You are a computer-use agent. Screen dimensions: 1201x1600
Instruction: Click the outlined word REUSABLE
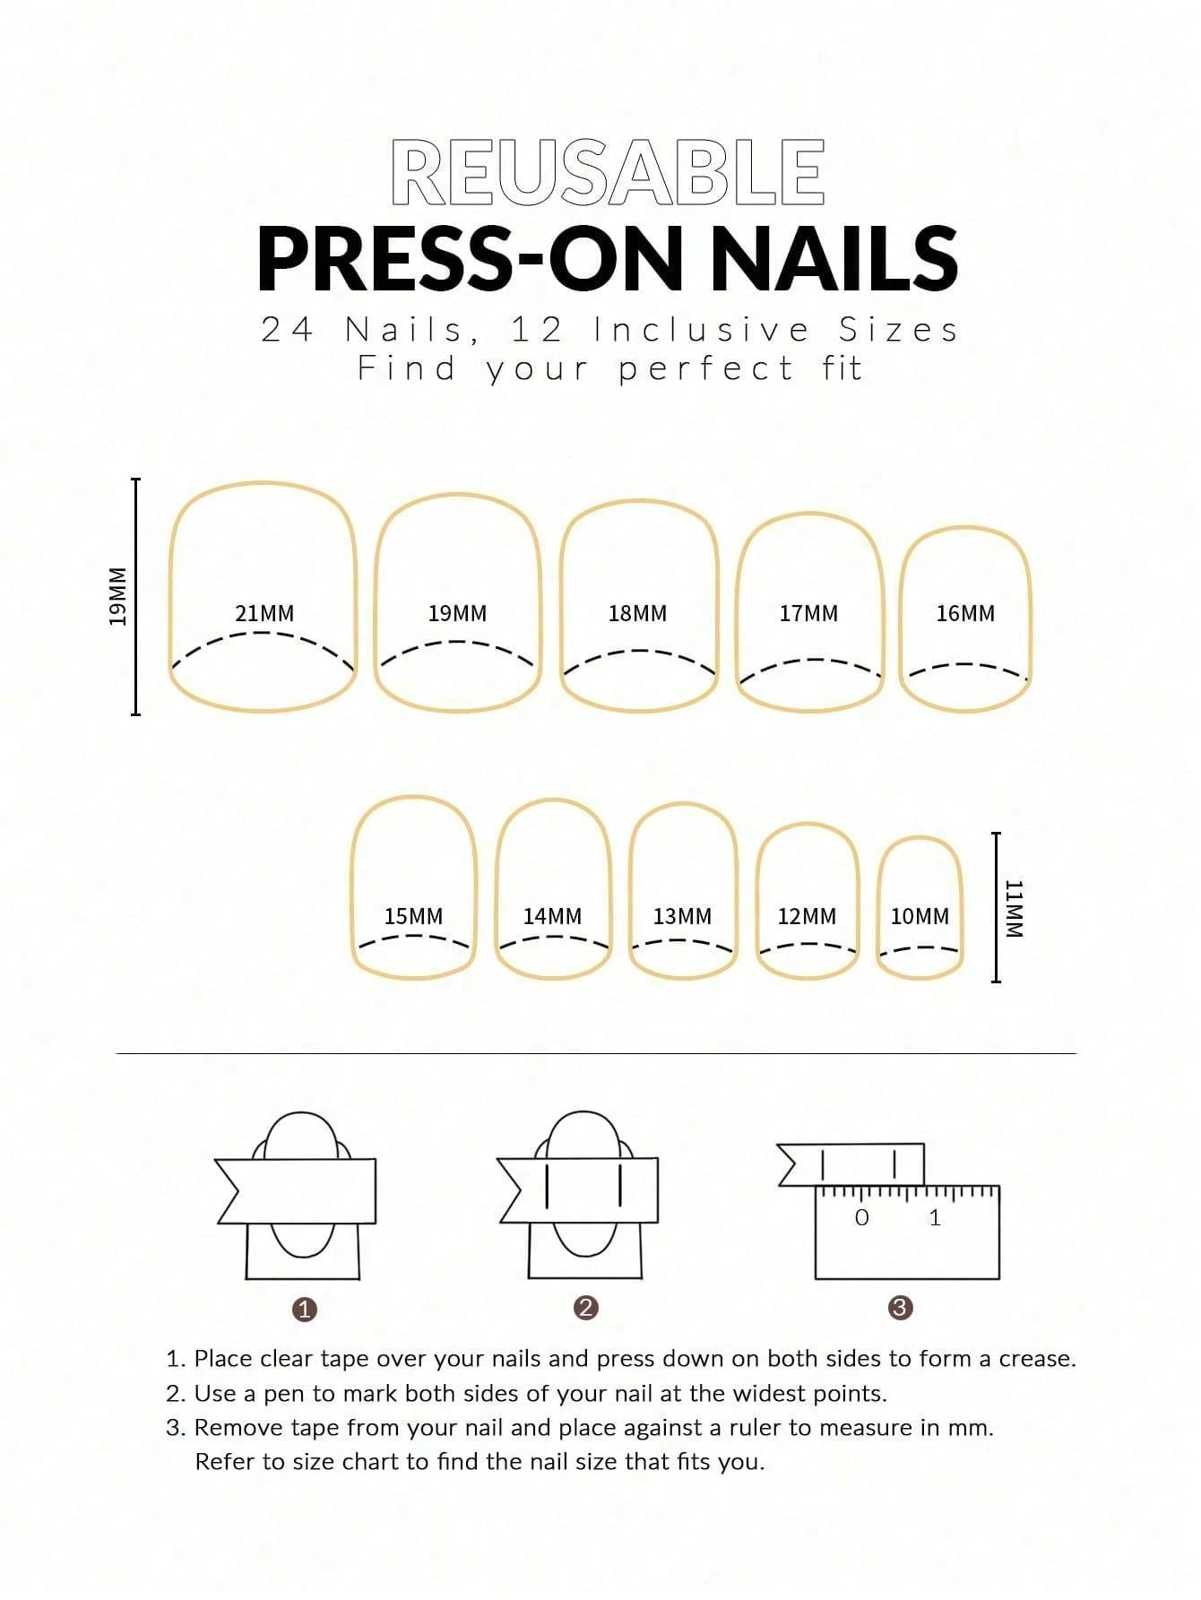609,171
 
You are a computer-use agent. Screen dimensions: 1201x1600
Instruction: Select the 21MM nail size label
264,614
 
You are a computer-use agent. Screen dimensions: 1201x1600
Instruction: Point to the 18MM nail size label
637,614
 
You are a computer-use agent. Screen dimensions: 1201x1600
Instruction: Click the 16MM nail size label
965,614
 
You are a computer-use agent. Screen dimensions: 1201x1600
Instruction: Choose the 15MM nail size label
413,917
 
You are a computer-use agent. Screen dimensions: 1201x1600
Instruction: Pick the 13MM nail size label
682,917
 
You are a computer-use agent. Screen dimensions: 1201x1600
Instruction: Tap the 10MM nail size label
920,917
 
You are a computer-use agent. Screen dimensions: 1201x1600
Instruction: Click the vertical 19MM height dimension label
117,596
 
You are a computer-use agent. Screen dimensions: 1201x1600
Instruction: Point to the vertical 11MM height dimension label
1014,908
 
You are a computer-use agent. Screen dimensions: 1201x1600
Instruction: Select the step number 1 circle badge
306,1310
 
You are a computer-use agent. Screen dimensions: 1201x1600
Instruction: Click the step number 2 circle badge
585,1308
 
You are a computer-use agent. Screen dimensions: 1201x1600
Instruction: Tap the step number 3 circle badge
900,1308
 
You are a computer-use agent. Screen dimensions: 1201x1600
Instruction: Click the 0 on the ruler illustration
862,1218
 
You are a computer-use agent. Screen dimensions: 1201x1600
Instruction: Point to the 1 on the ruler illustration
935,1218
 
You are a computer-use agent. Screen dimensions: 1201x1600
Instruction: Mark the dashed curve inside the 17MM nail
810,661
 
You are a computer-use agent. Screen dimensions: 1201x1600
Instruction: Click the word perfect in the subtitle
706,368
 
